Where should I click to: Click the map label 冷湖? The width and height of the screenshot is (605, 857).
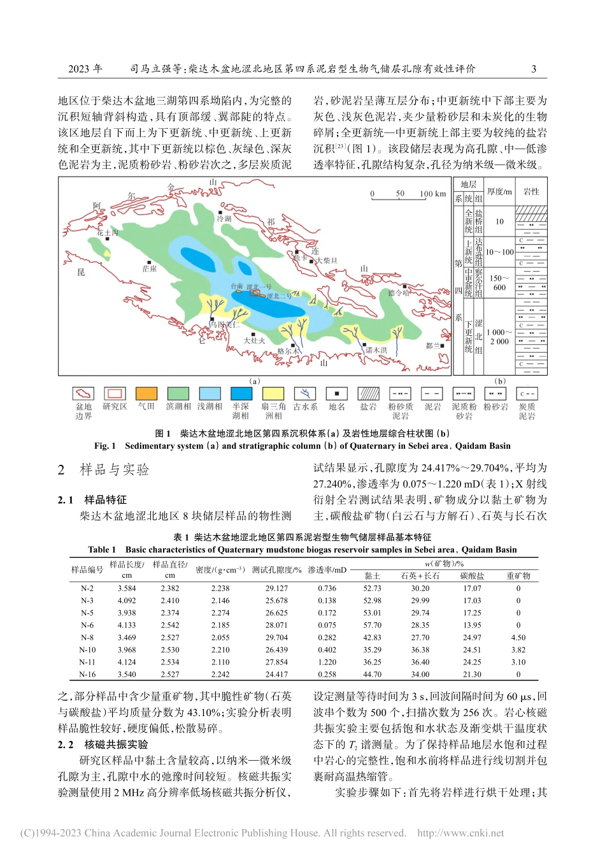point(224,218)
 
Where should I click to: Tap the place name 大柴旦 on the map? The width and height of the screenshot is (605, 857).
point(327,260)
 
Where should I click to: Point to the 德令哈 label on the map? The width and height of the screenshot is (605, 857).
point(399,293)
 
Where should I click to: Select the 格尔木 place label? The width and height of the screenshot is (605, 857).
point(288,351)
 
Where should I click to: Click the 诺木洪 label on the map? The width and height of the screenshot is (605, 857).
point(376,350)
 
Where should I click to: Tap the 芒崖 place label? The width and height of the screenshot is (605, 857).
point(150,268)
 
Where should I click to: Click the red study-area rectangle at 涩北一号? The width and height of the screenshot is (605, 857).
point(255,293)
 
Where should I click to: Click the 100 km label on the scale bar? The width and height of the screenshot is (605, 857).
point(432,194)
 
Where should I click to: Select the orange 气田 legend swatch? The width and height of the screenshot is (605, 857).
point(146,393)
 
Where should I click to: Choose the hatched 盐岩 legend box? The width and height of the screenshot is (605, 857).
point(368,393)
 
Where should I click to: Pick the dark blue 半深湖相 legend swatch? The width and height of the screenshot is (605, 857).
point(241,393)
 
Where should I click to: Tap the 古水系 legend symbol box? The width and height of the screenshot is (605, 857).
point(305,393)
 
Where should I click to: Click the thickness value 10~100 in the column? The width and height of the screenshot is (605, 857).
point(499,252)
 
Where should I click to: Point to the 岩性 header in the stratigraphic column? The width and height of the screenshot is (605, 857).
point(531,191)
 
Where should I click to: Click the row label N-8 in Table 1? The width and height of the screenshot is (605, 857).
point(87,637)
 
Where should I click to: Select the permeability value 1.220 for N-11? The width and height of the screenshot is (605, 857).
point(327,662)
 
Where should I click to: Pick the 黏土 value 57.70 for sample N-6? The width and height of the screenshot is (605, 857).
point(373,625)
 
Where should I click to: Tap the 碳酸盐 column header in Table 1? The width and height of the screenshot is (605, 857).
point(472,576)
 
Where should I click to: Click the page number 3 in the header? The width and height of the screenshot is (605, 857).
point(534,69)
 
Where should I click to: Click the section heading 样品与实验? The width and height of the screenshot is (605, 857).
point(115,470)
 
